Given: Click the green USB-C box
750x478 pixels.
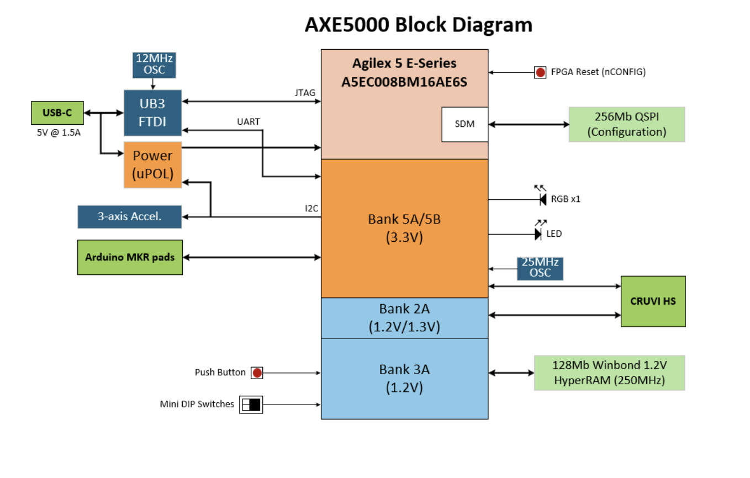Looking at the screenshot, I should click(57, 113).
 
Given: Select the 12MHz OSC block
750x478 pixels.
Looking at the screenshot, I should click(154, 65).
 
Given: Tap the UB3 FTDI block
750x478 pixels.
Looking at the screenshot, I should click(153, 113).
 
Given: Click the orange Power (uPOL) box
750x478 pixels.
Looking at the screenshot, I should click(153, 164).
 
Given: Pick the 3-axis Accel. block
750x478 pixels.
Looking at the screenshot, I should click(130, 216).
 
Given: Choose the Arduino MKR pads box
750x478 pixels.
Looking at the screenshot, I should click(130, 257).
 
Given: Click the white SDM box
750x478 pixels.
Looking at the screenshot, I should click(464, 124).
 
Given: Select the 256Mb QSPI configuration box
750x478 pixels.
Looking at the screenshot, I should click(626, 124).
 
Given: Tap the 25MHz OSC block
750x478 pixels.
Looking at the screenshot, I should click(540, 268).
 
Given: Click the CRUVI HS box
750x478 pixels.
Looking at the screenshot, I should click(653, 301).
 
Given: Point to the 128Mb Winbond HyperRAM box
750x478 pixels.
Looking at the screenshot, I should click(609, 373).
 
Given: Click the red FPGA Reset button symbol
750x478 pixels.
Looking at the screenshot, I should click(540, 72).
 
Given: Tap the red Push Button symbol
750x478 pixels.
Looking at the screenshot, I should click(257, 373).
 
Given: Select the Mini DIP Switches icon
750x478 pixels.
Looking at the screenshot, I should click(251, 404).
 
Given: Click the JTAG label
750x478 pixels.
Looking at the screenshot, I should click(305, 93).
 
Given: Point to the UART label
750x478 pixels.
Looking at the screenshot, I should click(249, 121).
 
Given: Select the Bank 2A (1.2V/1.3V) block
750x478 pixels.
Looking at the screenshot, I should click(404, 317).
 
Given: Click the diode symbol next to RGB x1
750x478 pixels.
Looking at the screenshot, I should click(542, 199).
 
